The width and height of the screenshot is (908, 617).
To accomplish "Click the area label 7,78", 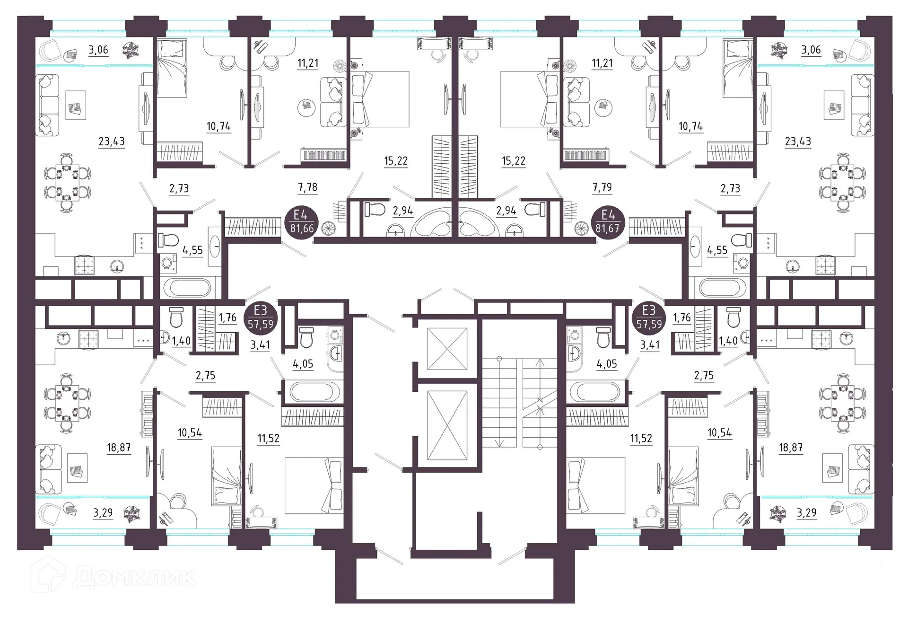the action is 307,187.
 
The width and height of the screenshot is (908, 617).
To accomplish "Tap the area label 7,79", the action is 602,187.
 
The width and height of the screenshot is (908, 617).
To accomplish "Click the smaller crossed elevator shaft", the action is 447,349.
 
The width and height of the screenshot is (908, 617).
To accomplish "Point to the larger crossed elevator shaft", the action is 447,425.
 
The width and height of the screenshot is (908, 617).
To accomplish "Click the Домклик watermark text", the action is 134,577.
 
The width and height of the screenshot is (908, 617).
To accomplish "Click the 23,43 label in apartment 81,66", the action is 112,141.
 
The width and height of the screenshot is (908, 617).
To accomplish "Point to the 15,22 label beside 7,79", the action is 514,161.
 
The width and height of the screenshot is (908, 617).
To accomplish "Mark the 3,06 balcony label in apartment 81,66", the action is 98,50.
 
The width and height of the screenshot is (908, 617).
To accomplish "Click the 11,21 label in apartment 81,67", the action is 602,63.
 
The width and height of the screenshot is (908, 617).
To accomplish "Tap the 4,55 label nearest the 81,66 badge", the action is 192,250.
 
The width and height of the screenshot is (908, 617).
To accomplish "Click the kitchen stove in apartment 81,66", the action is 84,264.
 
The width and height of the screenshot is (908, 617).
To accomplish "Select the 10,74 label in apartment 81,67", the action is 690,126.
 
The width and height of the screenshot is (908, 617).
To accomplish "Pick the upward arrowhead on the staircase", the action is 541,363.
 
